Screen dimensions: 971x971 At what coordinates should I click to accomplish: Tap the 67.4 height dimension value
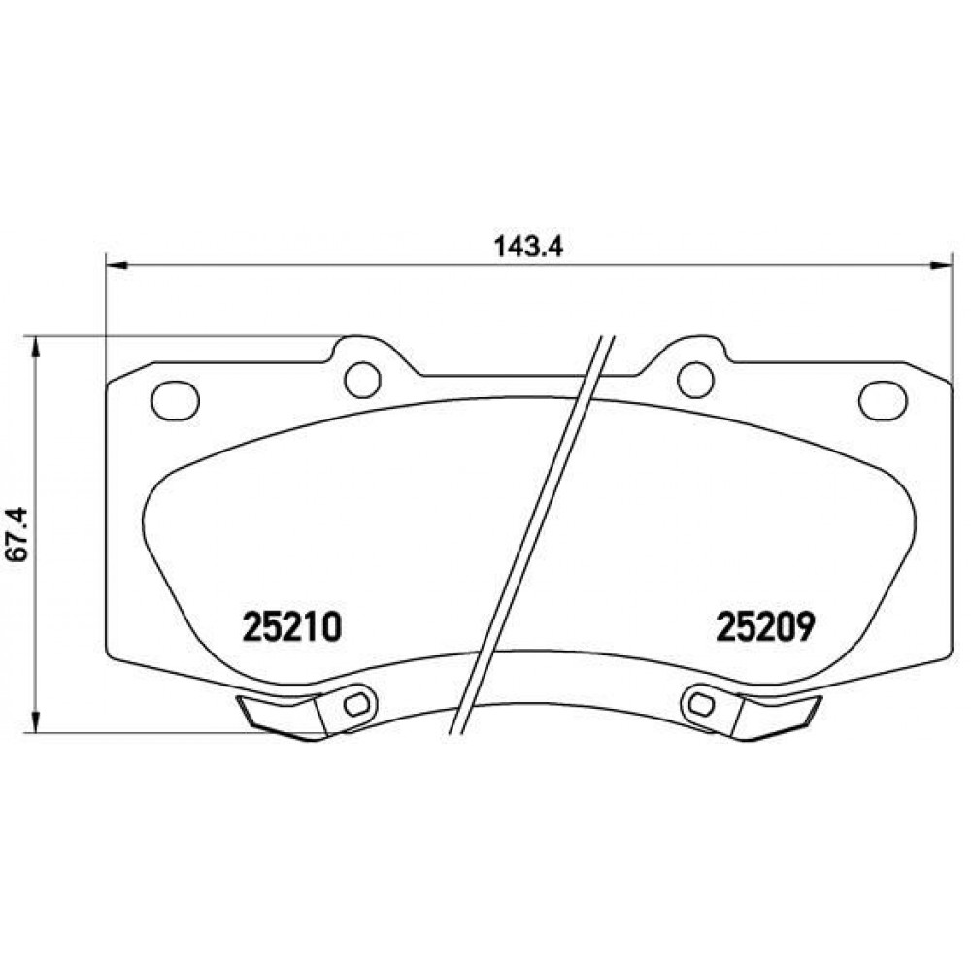pyautogui.click(x=19, y=534)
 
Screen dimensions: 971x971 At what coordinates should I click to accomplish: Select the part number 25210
pyautogui.click(x=292, y=626)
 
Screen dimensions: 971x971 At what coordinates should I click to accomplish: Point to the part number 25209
pyautogui.click(x=763, y=626)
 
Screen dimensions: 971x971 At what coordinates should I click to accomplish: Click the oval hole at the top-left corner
pyautogui.click(x=175, y=399)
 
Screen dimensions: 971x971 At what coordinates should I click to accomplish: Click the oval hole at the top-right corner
pyautogui.click(x=883, y=399)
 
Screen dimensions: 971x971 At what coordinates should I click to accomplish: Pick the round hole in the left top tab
pyautogui.click(x=363, y=379)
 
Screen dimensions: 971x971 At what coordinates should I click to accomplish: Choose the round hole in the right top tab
pyautogui.click(x=695, y=379)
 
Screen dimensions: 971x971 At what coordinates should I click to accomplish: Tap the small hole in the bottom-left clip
pyautogui.click(x=354, y=703)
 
